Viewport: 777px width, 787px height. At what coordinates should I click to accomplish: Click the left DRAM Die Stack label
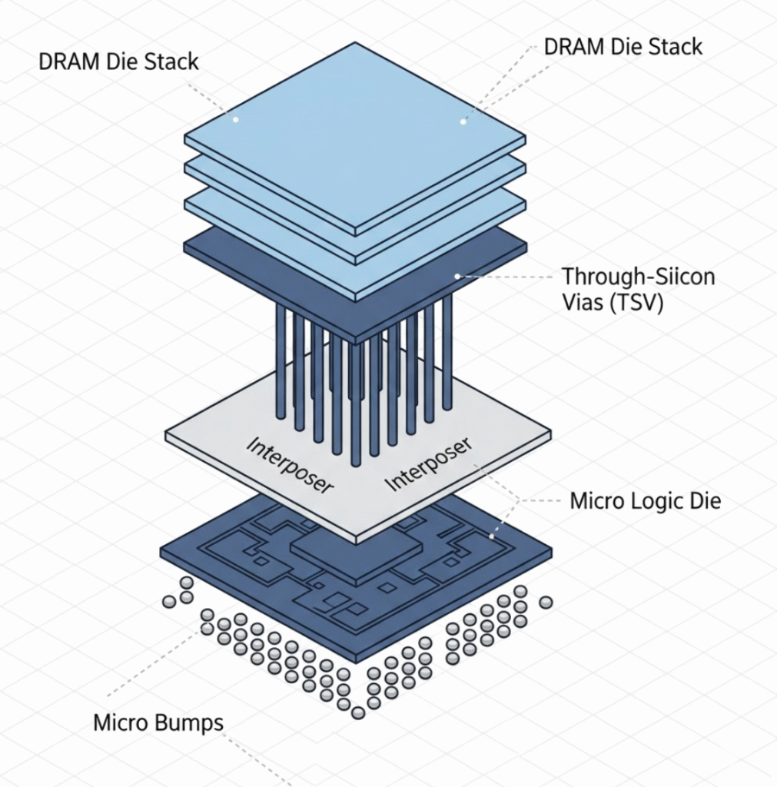[118, 61]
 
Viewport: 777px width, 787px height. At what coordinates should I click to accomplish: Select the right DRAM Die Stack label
[623, 46]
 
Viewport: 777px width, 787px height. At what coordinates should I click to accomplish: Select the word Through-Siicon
[638, 277]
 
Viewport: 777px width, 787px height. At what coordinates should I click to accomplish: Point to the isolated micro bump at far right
[546, 603]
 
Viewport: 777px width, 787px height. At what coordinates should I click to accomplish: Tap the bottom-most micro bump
[357, 713]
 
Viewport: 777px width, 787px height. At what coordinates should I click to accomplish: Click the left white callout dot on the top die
[236, 119]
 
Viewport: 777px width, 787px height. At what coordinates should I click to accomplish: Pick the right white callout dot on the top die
[463, 121]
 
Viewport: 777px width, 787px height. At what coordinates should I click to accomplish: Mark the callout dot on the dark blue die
[457, 275]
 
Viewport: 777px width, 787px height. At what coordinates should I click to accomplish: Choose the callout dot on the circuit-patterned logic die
[492, 536]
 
